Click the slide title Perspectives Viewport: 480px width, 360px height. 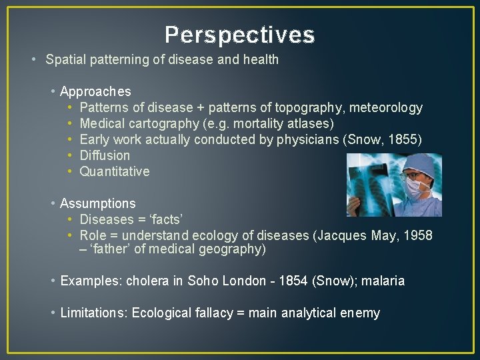[239, 35]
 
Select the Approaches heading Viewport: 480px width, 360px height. [95, 91]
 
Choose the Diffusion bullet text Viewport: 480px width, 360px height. [105, 155]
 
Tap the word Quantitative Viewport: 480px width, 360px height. [114, 171]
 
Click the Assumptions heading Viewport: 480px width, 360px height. [97, 203]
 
